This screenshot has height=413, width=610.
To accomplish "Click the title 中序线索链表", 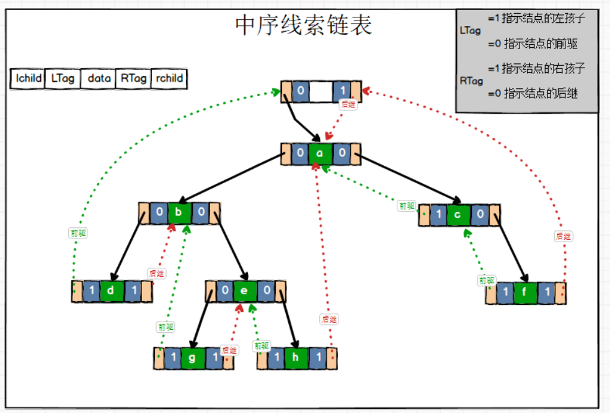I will pyautogui.click(x=303, y=25).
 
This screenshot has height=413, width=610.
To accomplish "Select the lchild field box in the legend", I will pyautogui.click(x=29, y=78).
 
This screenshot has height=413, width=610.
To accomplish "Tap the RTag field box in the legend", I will pyautogui.click(x=134, y=78).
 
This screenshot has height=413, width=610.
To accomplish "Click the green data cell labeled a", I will pyautogui.click(x=320, y=153).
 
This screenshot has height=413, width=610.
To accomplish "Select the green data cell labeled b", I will pyautogui.click(x=179, y=214).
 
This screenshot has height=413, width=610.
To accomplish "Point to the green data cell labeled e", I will pyautogui.click(x=244, y=291).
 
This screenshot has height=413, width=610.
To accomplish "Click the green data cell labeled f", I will pyautogui.click(x=525, y=293).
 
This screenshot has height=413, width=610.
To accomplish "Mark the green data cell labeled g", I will pyautogui.click(x=193, y=358).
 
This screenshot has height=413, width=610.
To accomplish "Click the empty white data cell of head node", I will pyautogui.click(x=320, y=91).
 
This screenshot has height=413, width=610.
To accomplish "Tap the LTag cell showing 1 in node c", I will pyautogui.click(x=438, y=215).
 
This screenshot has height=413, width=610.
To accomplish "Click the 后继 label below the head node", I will pyautogui.click(x=348, y=105).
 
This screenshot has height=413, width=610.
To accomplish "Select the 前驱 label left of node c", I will pyautogui.click(x=406, y=206).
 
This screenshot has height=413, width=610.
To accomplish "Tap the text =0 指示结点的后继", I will pyautogui.click(x=533, y=94).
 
